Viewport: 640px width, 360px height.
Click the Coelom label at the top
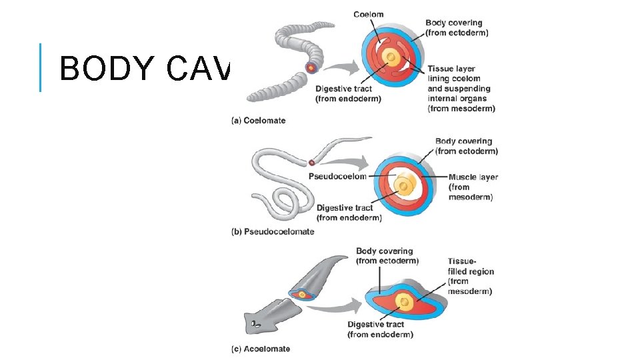368,15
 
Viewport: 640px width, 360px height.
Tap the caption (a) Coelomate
258,121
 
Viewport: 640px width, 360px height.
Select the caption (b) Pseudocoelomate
273,232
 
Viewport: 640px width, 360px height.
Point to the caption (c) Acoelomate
261,349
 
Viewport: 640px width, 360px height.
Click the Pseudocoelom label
338,177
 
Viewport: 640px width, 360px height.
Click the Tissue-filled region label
470,276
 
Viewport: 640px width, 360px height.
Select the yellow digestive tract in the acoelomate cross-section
403,303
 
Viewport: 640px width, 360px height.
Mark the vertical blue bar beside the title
41,67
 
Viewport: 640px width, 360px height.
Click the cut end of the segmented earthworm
311,67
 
